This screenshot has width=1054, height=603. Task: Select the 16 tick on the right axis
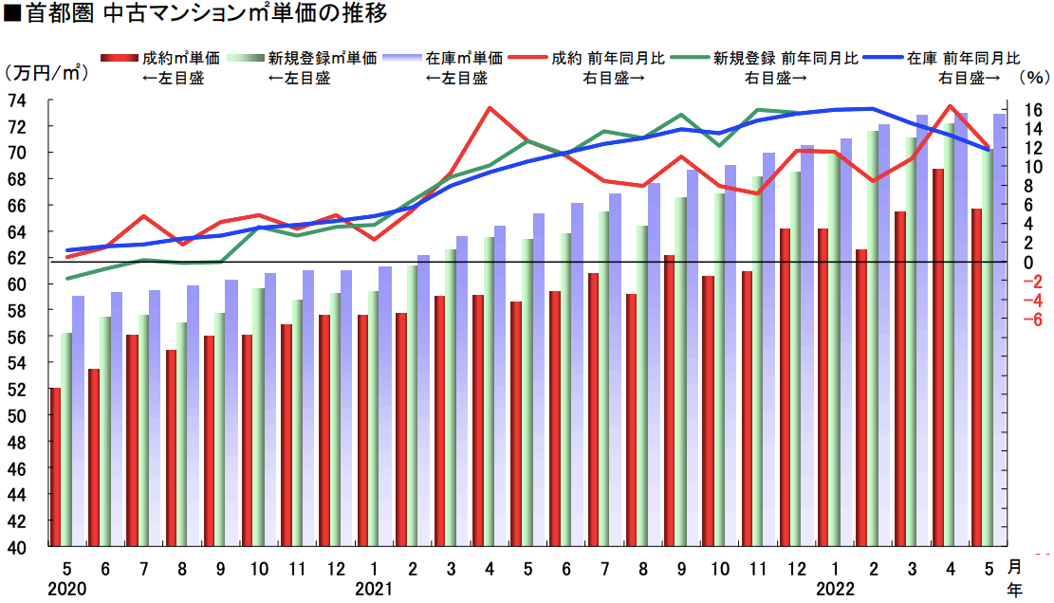pyautogui.click(x=1017, y=110)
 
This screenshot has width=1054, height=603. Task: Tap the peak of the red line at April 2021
pyautogui.click(x=490, y=108)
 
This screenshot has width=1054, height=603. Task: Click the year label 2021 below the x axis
pyautogui.click(x=374, y=589)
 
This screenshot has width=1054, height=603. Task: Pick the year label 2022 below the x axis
pyautogui.click(x=836, y=589)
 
